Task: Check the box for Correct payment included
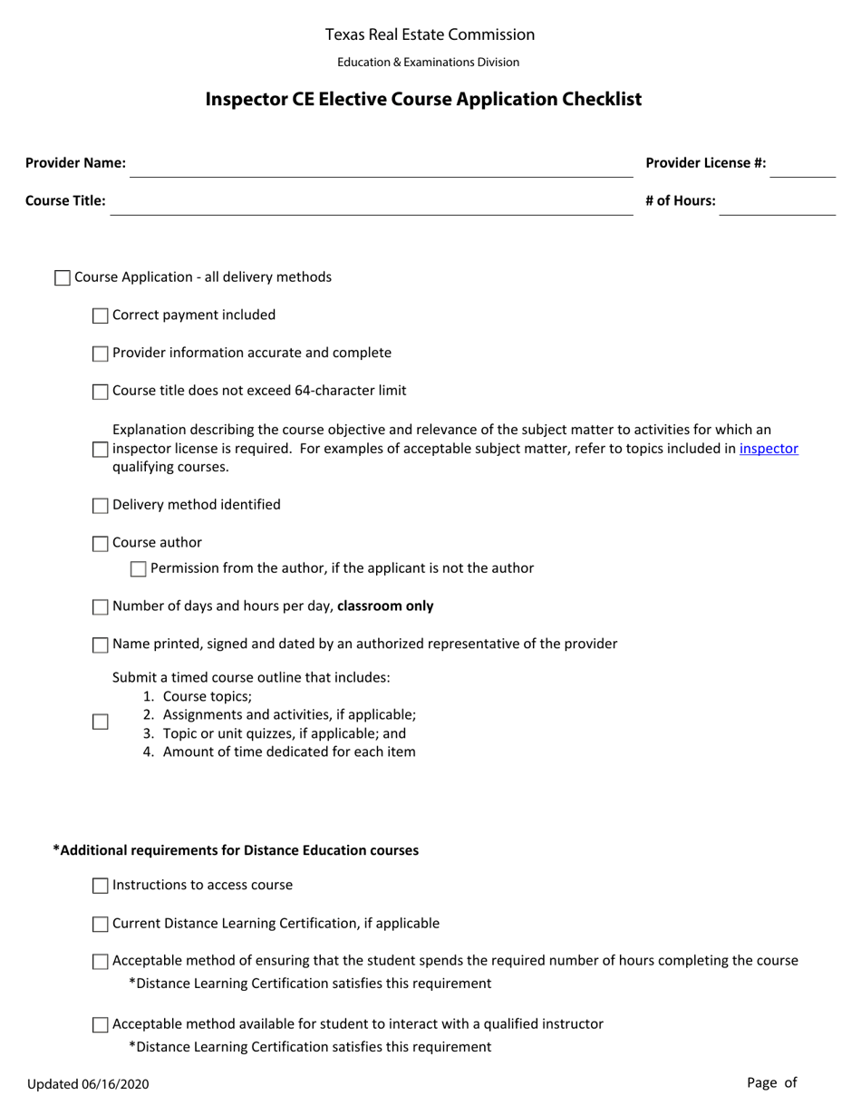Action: (101, 315)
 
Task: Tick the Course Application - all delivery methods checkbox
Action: (63, 278)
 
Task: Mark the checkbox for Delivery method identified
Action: (101, 506)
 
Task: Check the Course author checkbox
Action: (101, 544)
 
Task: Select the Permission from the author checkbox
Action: (139, 569)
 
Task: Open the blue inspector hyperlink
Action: (769, 448)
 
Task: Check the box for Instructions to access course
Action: (101, 887)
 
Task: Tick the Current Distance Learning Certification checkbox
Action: (101, 925)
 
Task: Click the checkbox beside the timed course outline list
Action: (101, 722)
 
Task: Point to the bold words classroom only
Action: (385, 606)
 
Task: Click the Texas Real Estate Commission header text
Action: (430, 34)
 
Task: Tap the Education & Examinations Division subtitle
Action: (429, 63)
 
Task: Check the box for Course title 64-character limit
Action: (101, 392)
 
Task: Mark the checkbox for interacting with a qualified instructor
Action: (101, 1025)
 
